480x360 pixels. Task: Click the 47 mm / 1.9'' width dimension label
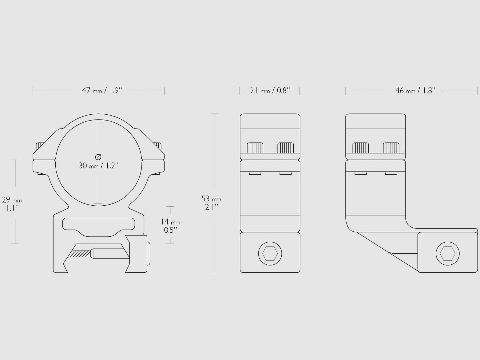(102, 90)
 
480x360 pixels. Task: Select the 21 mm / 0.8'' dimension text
(270, 90)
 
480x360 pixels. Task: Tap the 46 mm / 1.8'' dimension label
(415, 90)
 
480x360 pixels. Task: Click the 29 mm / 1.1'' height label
(12, 204)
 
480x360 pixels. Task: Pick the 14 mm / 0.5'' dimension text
(170, 226)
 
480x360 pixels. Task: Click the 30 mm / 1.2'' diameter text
(98, 166)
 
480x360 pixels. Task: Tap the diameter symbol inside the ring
(98, 157)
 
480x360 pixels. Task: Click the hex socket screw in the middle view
(270, 254)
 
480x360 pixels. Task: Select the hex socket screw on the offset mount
(448, 254)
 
